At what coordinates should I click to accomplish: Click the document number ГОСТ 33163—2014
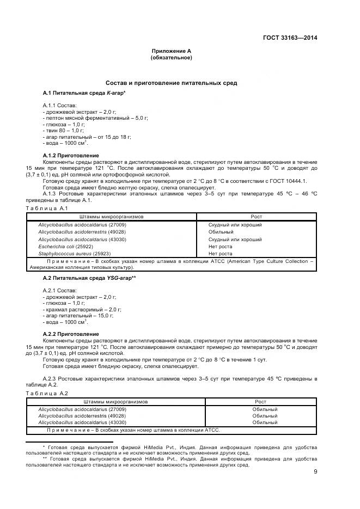point(290,38)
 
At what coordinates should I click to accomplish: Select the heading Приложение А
point(170,51)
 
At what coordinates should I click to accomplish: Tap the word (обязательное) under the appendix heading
point(170,57)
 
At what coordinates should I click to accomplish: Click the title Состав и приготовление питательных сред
point(170,83)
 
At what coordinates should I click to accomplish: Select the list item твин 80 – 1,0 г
point(63,131)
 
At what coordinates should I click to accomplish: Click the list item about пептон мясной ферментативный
point(95,118)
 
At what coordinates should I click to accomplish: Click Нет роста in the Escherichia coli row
point(220,246)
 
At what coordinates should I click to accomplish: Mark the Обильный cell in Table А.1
point(221,231)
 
